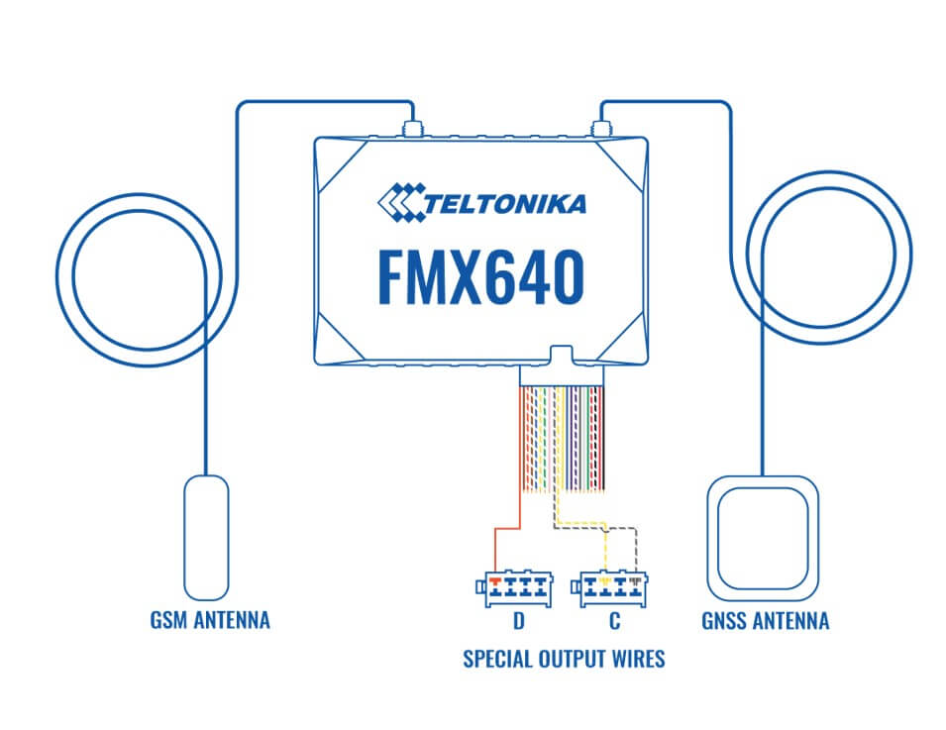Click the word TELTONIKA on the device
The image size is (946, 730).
(x=506, y=204)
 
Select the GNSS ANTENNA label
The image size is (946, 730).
(x=763, y=621)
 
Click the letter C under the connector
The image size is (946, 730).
(x=613, y=624)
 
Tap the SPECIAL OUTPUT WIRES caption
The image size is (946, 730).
(x=564, y=659)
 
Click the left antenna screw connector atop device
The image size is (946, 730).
(x=409, y=128)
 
